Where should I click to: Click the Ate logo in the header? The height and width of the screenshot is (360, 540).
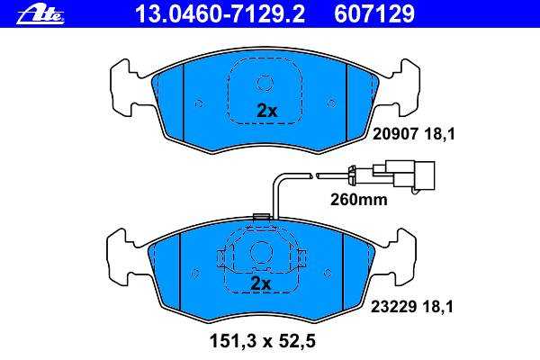point(40,14)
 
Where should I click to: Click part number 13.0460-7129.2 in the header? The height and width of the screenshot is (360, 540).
point(220,14)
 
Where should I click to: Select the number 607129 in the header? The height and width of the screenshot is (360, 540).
point(374,14)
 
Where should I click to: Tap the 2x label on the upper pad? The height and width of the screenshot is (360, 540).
point(267,111)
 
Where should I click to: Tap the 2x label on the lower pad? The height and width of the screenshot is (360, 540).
point(261,283)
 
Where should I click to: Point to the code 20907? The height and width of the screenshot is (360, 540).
point(396,134)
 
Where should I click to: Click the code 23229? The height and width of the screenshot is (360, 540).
point(393,307)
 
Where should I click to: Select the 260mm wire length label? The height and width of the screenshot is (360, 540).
point(359,200)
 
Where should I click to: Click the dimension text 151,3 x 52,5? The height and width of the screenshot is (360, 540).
point(263,342)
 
